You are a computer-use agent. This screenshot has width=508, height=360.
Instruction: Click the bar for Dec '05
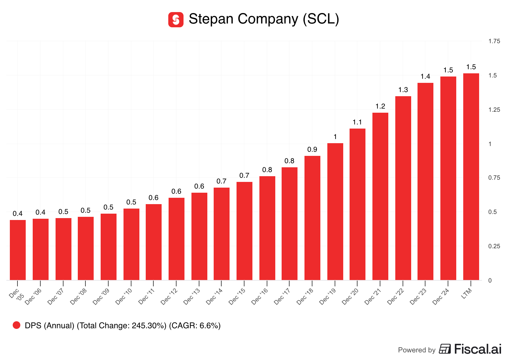18,250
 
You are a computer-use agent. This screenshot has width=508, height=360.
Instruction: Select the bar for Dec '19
335,211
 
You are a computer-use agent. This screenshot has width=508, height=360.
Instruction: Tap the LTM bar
471,177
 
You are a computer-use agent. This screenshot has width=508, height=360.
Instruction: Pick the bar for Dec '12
177,239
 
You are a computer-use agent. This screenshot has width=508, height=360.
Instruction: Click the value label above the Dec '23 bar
425,77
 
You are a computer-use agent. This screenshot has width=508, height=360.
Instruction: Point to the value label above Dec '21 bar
380,106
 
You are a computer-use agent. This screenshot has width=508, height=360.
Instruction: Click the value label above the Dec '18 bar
312,150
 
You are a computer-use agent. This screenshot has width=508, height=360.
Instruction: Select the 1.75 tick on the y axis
494,41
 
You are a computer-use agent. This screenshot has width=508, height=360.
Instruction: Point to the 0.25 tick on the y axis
494,246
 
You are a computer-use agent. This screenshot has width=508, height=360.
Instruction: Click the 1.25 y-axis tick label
494,110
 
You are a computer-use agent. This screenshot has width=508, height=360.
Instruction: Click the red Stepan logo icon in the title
176,20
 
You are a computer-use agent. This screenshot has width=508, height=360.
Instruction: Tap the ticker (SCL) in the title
321,19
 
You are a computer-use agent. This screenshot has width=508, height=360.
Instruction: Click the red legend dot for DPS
17,325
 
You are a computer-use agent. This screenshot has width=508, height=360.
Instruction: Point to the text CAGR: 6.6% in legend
195,325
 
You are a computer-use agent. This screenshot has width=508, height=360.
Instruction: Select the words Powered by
417,350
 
